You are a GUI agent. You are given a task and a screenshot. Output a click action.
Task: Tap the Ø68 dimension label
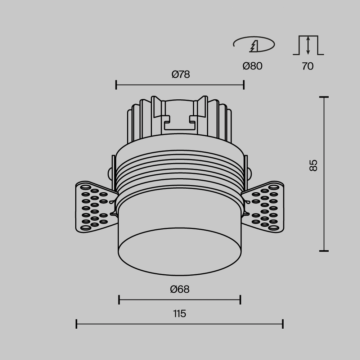click(180, 289)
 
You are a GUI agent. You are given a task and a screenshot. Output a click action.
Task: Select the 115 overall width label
click(179, 314)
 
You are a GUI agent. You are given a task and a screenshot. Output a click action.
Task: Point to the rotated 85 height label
click(313, 165)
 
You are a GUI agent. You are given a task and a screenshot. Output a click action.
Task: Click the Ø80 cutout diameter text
click(252, 66)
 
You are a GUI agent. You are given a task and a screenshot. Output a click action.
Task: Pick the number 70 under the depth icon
click(308, 66)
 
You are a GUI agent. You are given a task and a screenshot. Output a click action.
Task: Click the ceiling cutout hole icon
click(254, 45)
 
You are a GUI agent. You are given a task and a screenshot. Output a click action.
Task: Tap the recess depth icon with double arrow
click(308, 45)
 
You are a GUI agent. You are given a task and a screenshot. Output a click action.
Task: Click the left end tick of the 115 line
click(77, 324)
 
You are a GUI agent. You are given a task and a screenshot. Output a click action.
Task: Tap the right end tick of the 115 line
click(283, 324)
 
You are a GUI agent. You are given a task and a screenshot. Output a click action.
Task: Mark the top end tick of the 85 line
click(324, 97)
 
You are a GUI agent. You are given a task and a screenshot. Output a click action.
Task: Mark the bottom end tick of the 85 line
click(324, 251)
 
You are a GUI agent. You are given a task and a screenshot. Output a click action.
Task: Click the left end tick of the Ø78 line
click(116, 85)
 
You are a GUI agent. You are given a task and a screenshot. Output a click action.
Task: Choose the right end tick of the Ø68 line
click(240, 299)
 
